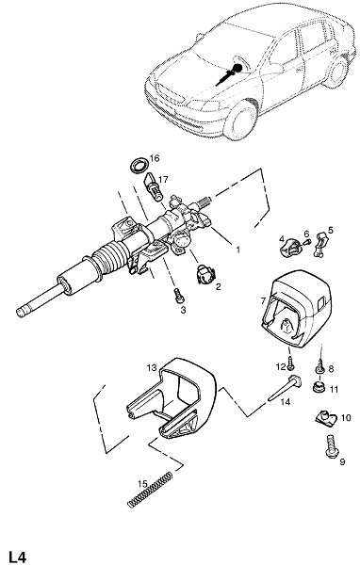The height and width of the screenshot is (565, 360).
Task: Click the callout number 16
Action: (x=155, y=158)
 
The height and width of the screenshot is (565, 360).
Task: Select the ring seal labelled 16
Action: (x=139, y=166)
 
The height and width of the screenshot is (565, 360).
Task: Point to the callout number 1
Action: (x=237, y=250)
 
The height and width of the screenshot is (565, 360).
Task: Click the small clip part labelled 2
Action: (x=205, y=275)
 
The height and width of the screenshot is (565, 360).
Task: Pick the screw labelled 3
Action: (x=179, y=296)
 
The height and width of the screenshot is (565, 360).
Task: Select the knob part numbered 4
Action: (x=290, y=249)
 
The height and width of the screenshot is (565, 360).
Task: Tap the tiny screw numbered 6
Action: (x=307, y=242)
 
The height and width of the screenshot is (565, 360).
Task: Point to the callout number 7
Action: (x=263, y=300)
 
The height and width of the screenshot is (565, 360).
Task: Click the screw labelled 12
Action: (x=290, y=365)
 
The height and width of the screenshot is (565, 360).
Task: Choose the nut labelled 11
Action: (x=319, y=387)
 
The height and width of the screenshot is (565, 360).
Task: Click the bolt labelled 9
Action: (x=332, y=446)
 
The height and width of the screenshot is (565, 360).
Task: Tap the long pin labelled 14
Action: (x=285, y=388)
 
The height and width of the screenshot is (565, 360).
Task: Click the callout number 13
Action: (x=152, y=367)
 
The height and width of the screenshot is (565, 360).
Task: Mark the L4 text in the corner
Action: (x=18, y=557)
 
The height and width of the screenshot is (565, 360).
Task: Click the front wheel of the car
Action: (x=240, y=120)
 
